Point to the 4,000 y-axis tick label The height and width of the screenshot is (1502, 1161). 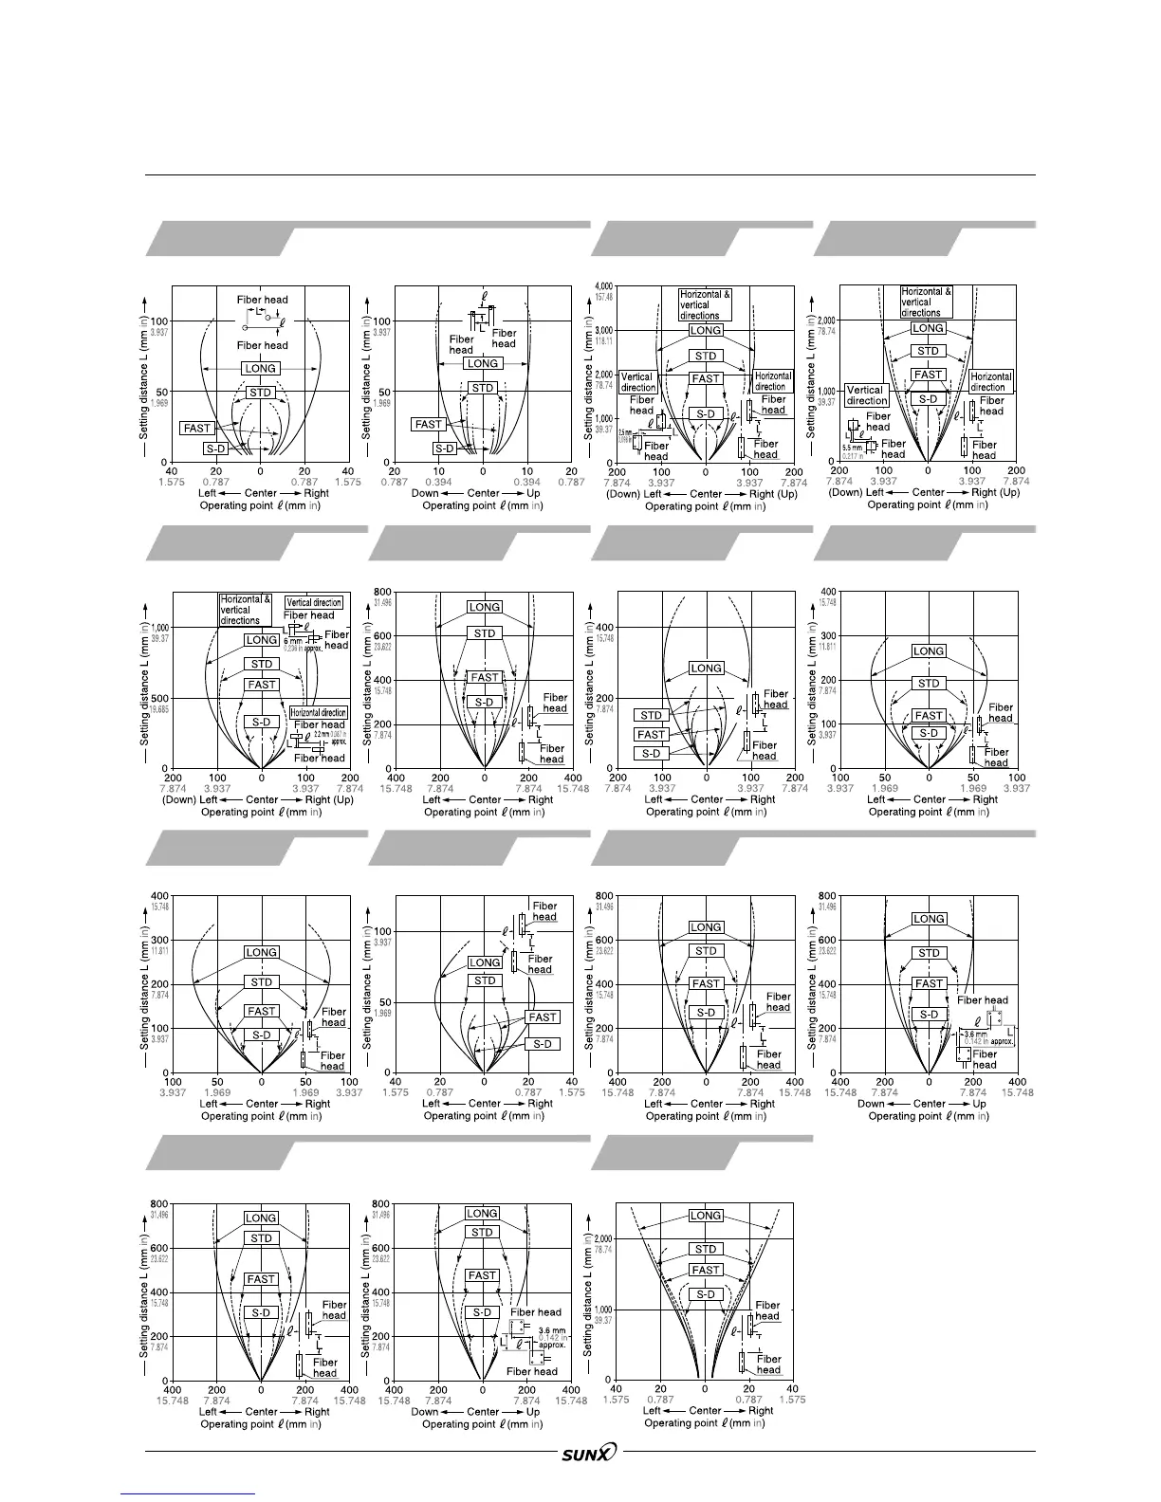tap(603, 286)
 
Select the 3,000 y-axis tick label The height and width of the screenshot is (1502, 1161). tap(603, 330)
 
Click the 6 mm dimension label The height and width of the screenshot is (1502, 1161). tap(292, 642)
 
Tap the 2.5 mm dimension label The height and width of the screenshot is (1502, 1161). tap(624, 432)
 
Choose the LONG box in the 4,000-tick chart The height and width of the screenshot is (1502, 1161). tap(705, 330)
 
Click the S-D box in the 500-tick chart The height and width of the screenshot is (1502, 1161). tap(262, 722)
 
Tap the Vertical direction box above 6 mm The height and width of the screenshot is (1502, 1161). tap(314, 602)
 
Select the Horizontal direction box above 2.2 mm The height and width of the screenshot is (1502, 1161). tap(318, 712)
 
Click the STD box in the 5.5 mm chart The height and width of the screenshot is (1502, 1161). tap(928, 351)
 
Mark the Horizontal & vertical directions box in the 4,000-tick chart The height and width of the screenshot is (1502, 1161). tap(705, 304)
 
